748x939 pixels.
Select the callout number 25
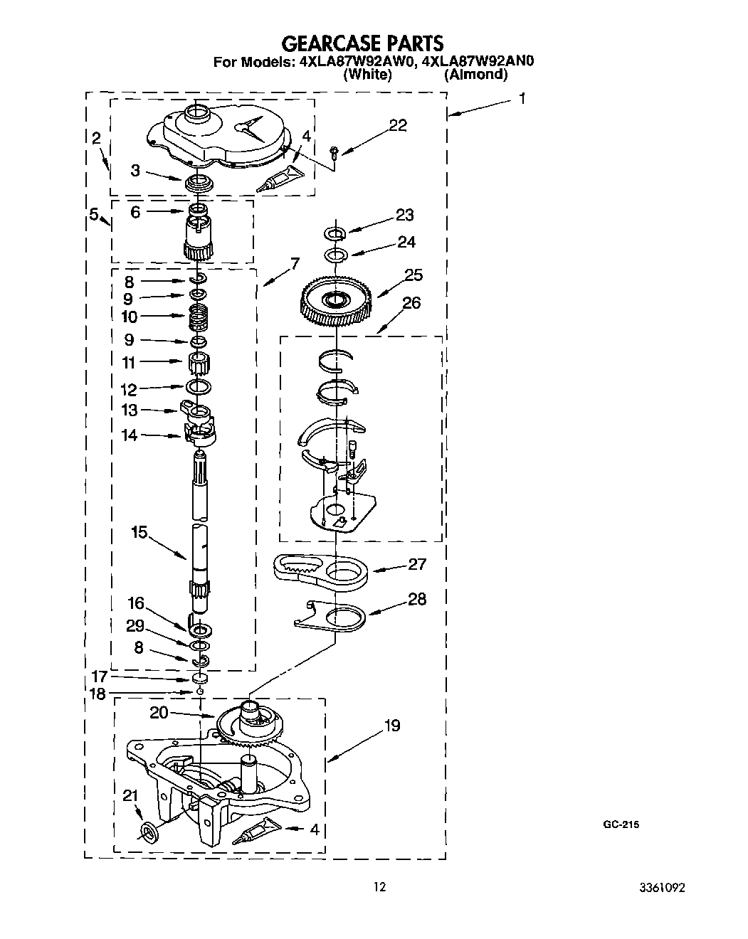tap(413, 275)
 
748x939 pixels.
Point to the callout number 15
tap(139, 532)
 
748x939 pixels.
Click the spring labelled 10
tap(200, 316)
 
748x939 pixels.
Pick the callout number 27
tap(417, 564)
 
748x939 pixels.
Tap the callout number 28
tap(417, 599)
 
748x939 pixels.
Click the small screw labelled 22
tap(336, 151)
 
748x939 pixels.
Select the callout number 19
tap(392, 726)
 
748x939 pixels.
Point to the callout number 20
tap(159, 712)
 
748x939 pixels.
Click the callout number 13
tap(130, 410)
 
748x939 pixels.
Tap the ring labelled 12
tap(199, 386)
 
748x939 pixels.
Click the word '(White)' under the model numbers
tap(367, 74)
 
